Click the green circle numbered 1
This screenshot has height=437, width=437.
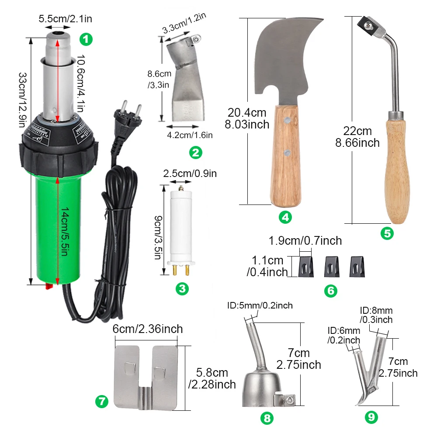point(86,40)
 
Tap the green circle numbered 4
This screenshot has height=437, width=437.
point(285,217)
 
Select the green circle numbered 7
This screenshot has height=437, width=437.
point(101,401)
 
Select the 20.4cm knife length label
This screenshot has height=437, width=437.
point(247,118)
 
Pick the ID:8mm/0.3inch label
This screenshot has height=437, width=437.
point(376,315)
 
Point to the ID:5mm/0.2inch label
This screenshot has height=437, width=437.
point(260,305)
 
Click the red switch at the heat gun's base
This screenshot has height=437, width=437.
point(48,287)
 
